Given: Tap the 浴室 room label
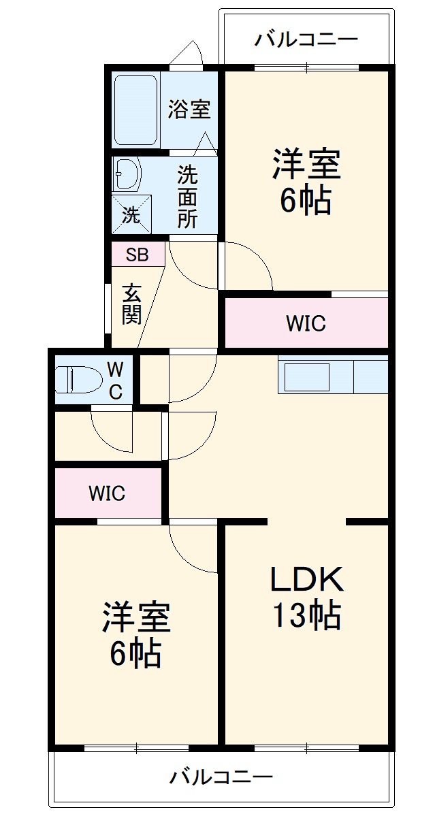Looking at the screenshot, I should pyautogui.click(x=189, y=109).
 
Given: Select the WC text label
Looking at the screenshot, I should pyautogui.click(x=116, y=381).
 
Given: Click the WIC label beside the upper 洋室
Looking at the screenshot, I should pyautogui.click(x=306, y=324).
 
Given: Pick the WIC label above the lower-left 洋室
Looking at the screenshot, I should pyautogui.click(x=107, y=493).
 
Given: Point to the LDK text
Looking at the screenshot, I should pyautogui.click(x=306, y=579).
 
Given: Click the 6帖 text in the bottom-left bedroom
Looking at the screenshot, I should pyautogui.click(x=136, y=654).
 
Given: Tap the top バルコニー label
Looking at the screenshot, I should pyautogui.click(x=306, y=39).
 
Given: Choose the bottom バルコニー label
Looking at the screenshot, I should pyautogui.click(x=222, y=776).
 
